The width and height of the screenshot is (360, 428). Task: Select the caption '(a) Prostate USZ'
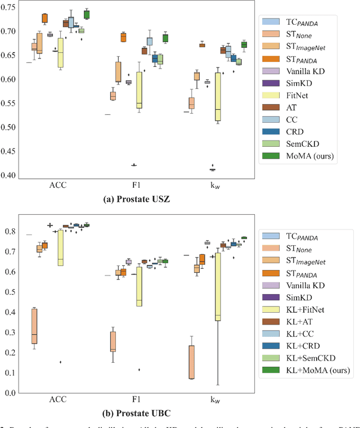click(x=135, y=200)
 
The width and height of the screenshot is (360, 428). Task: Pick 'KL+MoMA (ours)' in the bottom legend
click(x=316, y=370)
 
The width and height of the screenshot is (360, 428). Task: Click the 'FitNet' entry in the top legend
click(x=298, y=96)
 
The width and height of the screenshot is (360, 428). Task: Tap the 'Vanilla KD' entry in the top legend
click(x=304, y=71)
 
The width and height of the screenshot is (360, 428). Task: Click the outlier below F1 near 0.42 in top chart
click(x=134, y=165)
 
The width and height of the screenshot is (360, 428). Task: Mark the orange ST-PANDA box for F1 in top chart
click(x=123, y=37)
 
